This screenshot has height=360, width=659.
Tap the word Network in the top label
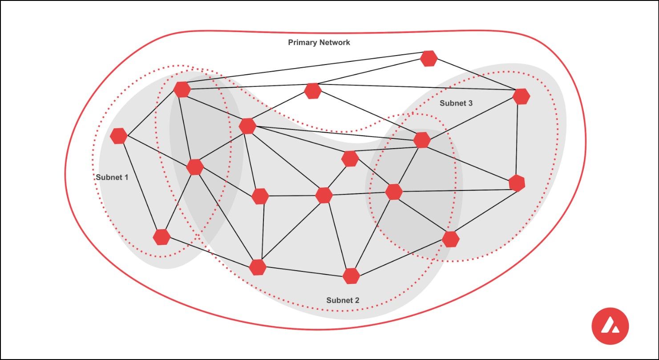334,43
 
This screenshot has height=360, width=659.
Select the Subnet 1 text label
112,177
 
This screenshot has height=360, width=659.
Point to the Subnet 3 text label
456,103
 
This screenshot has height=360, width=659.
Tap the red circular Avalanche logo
610,326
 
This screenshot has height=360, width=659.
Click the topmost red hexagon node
429,58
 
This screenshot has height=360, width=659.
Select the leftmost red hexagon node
119,136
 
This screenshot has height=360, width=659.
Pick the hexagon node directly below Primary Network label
313,91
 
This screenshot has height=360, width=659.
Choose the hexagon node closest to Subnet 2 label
351,276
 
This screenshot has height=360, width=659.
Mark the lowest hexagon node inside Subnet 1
162,237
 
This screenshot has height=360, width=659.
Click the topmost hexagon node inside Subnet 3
521,96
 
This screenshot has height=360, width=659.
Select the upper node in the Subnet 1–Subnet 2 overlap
182,89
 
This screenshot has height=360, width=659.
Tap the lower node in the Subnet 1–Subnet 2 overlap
195,167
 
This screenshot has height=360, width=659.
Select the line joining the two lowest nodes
304,271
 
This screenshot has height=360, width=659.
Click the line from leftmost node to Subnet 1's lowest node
140,186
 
